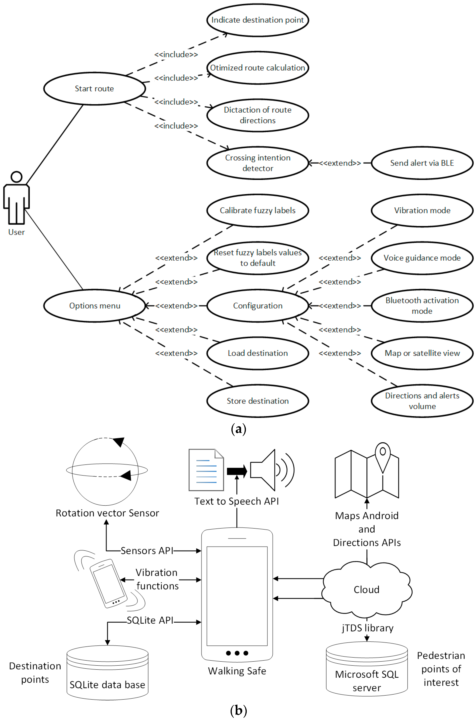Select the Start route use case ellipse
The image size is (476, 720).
pos(94,89)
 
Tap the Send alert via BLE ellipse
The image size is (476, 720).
pos(422,163)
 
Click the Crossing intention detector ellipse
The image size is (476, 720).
pos(258,163)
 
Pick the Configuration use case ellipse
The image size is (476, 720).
pos(258,306)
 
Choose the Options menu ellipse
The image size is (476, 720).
pos(94,306)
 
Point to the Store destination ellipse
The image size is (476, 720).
pos(258,401)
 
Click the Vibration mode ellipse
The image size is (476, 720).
pos(422,210)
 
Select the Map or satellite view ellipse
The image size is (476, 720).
pos(422,353)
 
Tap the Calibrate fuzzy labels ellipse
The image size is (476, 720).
pos(258,210)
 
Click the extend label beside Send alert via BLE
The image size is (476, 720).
pos(340,163)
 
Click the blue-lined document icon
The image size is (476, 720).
pos(206,470)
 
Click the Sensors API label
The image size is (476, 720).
pos(147,551)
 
